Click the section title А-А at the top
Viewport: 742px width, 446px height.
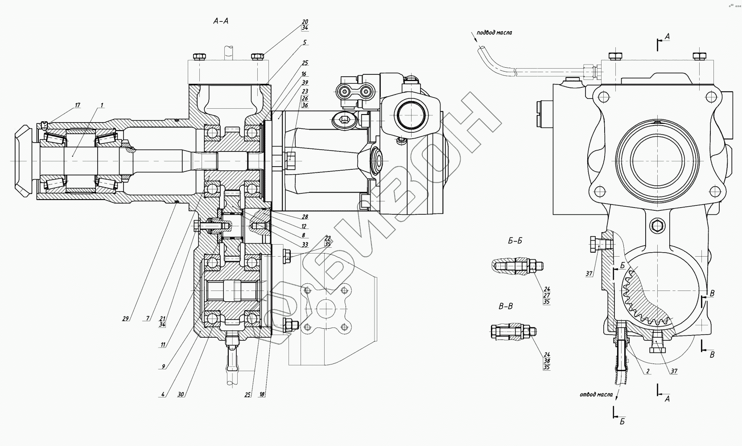[221, 21]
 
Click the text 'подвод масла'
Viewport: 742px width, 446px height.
[494, 33]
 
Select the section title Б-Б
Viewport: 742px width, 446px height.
[515, 241]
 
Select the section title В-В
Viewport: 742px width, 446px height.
[505, 306]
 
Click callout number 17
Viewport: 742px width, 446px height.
[78, 105]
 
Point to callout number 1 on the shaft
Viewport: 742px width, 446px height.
[102, 105]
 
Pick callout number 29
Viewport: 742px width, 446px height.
[126, 318]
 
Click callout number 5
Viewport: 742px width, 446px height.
[305, 42]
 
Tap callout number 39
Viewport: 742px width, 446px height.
[305, 82]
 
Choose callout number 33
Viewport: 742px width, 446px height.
[305, 245]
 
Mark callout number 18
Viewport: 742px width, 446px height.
[262, 394]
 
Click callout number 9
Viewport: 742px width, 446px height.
[164, 366]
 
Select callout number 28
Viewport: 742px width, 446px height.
[305, 217]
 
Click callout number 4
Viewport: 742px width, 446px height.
[164, 394]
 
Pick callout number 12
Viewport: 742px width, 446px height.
[304, 226]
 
